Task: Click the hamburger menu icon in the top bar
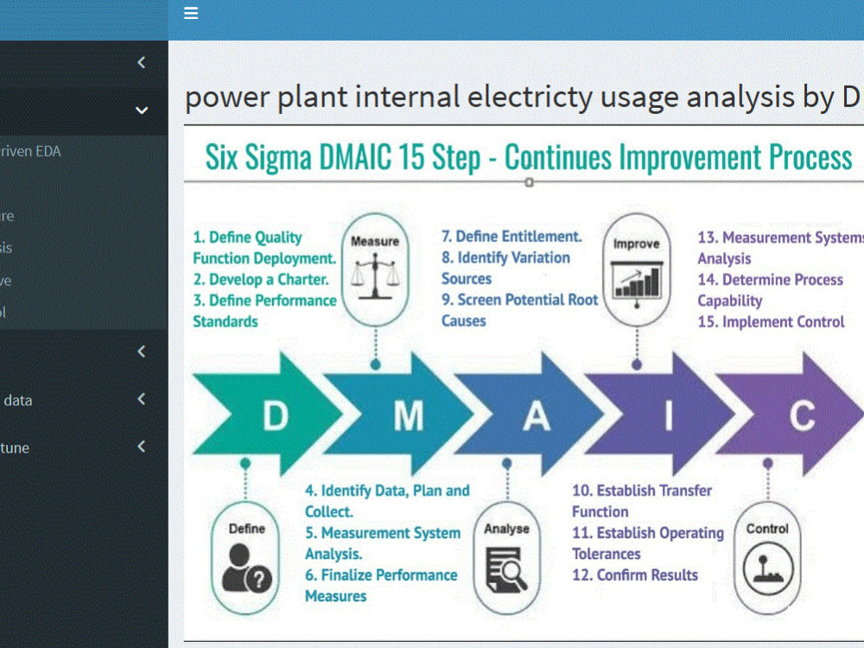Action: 191,13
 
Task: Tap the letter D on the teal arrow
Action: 275,416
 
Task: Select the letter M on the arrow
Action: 408,416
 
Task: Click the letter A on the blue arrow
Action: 537,416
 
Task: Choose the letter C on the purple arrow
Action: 802,416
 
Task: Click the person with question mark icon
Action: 246,567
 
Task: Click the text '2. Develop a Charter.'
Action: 261,279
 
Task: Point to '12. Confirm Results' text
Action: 635,575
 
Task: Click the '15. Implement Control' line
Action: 772,321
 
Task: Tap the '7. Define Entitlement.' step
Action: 511,236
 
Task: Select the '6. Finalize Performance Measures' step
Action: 380,585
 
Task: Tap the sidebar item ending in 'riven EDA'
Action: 30,151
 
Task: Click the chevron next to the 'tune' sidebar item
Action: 142,447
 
